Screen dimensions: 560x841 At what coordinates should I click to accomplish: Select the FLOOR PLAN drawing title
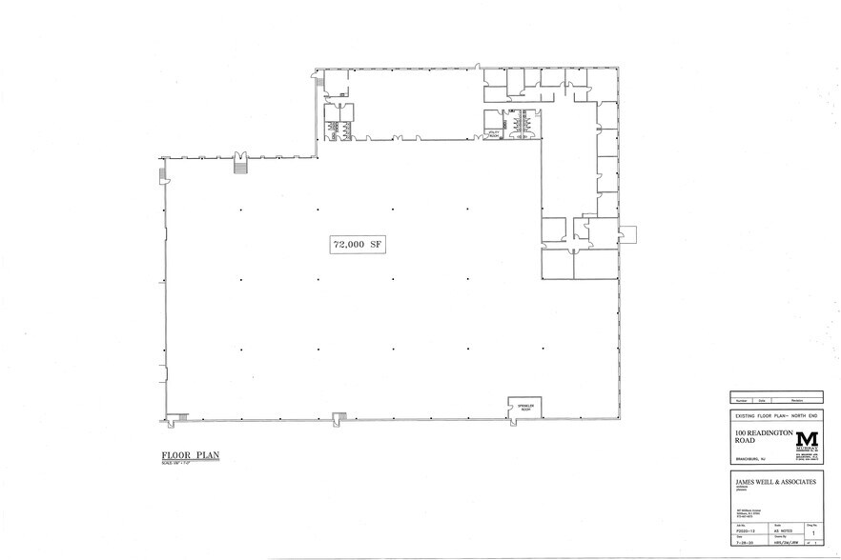(x=190, y=455)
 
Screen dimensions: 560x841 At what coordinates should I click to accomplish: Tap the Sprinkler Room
(x=523, y=408)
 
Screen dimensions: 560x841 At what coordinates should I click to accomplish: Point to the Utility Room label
(x=494, y=135)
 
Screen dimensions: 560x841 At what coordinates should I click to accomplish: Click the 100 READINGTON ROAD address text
(x=761, y=436)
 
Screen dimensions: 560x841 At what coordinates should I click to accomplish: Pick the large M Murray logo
(x=807, y=439)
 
